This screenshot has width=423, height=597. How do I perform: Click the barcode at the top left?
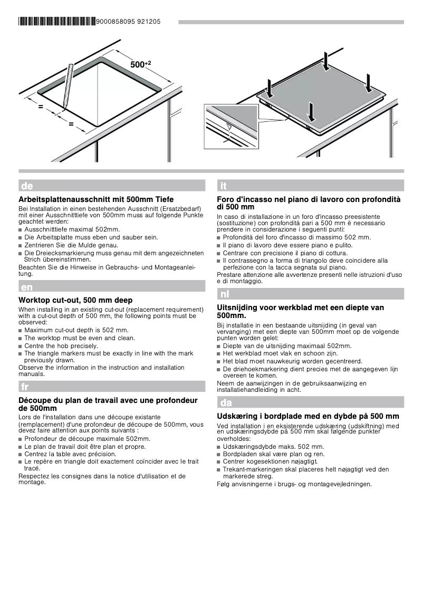[57, 22]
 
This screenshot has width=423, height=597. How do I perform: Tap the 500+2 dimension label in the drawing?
[140, 64]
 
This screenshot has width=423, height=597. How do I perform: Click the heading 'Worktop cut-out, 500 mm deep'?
[75, 300]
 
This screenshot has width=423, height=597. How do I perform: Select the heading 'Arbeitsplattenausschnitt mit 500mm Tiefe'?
[96, 200]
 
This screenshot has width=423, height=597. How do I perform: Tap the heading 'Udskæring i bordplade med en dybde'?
[308, 416]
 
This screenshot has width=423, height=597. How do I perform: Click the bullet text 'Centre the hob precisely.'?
[61, 345]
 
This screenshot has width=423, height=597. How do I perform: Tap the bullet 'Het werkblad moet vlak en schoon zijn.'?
[280, 353]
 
